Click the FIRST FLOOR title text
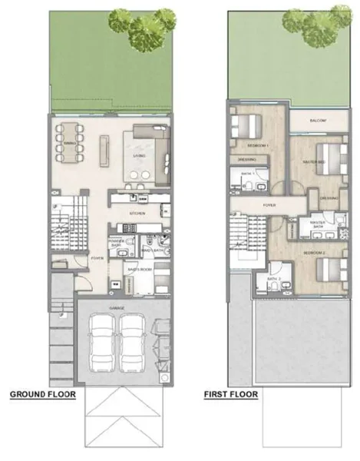(x=230, y=396)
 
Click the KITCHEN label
(x=137, y=213)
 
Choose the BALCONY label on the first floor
(x=319, y=121)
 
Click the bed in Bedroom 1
(x=248, y=124)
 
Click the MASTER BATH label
(x=319, y=224)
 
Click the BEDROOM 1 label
(x=256, y=144)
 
